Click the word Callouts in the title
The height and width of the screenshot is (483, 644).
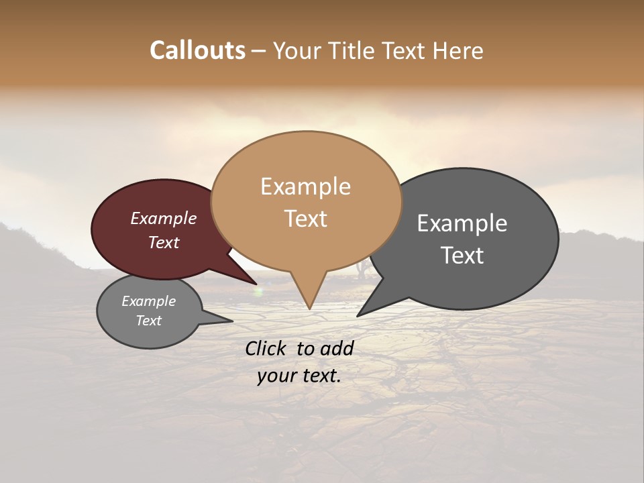click(x=197, y=50)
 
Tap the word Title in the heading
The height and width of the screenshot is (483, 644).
click(x=354, y=50)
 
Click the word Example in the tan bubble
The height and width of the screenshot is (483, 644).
click(x=305, y=186)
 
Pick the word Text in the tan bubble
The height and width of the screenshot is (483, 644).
click(x=305, y=218)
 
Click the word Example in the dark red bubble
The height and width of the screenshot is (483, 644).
click(x=164, y=218)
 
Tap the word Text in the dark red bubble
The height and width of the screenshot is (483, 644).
click(x=164, y=242)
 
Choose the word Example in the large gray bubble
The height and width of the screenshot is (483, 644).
click(x=462, y=223)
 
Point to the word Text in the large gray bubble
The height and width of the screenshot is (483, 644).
click(x=462, y=255)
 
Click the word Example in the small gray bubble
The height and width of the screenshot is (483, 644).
click(x=148, y=301)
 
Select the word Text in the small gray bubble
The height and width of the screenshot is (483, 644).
click(x=148, y=321)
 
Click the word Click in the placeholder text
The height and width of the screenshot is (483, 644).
click(x=266, y=348)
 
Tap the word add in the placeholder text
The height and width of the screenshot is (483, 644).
click(x=337, y=348)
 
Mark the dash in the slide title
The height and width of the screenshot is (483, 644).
click(x=260, y=51)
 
